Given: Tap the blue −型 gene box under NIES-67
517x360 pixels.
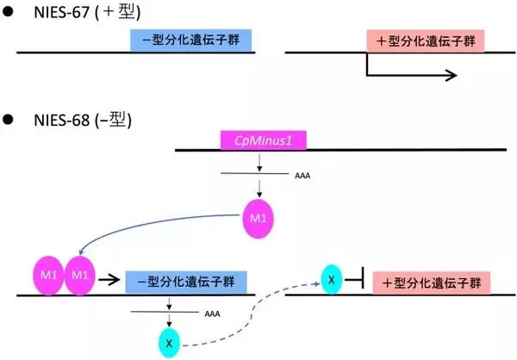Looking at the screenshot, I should point(190,40).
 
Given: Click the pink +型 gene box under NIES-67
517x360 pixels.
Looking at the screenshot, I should point(425,40).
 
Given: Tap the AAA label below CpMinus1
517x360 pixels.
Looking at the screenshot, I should point(300,176).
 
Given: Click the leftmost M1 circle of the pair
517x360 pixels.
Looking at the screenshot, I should point(47,276).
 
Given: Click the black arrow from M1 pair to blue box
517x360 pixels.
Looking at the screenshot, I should point(109,280).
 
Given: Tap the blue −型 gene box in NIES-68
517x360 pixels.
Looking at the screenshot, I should point(186,282).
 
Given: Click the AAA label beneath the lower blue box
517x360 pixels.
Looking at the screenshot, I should point(212,314).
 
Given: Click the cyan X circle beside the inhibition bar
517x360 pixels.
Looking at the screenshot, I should point(332,278).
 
